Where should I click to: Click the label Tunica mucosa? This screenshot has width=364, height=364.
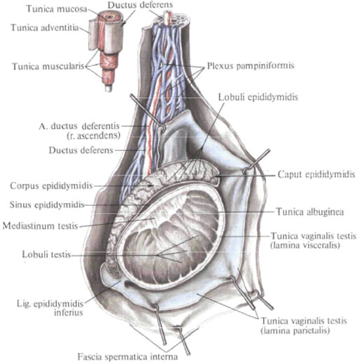coord(57,9)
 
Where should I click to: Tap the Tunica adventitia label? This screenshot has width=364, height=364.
coord(45,28)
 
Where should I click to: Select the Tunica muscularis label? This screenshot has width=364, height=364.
coord(48,66)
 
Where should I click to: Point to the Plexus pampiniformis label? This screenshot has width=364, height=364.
coord(251,66)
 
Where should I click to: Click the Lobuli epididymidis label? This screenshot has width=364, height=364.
coord(258,97)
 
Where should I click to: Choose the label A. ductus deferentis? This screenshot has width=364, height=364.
coord(79,126)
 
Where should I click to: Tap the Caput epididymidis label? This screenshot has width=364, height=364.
coord(316,174)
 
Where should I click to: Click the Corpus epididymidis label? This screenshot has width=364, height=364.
coord(51,186)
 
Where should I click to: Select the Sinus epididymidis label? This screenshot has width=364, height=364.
coord(47,205)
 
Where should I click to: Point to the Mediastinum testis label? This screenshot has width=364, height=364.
coord(40,226)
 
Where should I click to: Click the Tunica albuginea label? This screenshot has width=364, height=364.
coord(310,212)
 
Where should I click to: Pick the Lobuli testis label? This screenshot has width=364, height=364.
coord(46,254)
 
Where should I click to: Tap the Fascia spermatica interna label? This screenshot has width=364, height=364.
coord(127,357)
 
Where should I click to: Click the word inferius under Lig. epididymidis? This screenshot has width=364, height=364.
coord(69,312)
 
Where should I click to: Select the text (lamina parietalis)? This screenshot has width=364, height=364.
coord(295,331)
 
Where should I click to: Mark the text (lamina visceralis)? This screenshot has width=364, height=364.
coord(305,246)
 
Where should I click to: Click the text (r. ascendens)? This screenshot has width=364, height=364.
coord(94,136)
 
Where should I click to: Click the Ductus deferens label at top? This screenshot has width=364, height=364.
coord(140,5)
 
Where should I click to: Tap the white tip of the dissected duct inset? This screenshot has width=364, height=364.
coord(108,88)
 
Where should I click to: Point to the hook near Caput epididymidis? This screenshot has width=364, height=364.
coord(255,162)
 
